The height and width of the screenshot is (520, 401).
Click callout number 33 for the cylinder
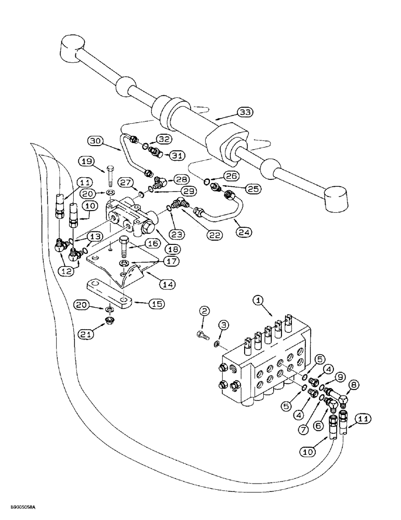tap(245, 112)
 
